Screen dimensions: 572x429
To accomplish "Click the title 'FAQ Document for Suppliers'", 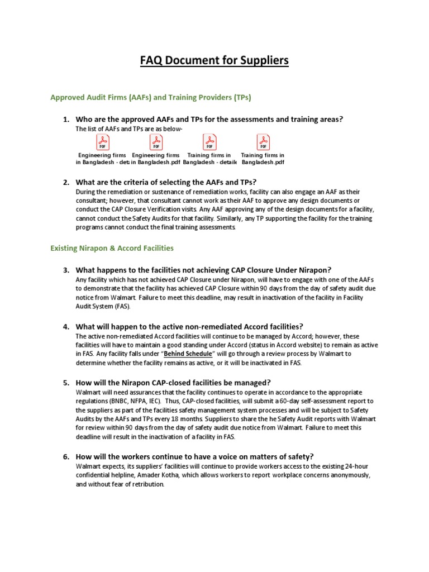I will tap(214, 60).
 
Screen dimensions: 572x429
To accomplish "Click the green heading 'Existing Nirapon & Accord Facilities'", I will tap(112, 247).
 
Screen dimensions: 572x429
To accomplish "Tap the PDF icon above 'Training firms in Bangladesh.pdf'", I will tap(262, 142).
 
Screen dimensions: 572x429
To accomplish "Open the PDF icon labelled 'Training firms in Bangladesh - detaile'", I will tap(209, 142).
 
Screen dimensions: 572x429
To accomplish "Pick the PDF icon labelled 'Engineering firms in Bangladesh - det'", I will tap(103, 142).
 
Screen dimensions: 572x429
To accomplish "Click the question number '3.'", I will tap(66, 269).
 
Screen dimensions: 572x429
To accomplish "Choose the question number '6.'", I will tap(66, 456).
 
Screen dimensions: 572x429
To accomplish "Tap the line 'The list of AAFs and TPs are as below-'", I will tap(129, 129).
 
